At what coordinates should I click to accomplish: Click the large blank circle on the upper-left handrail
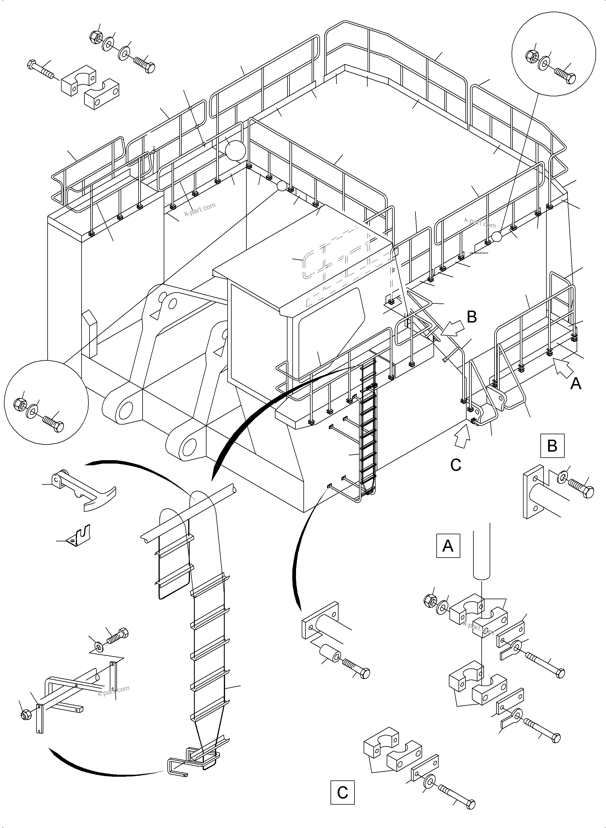click(234, 150)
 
